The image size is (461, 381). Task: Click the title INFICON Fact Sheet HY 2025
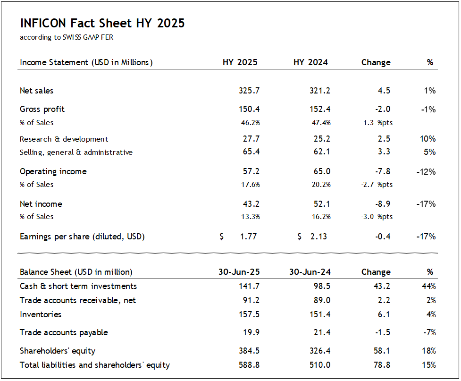pos(102,23)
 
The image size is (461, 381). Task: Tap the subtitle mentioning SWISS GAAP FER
pos(67,37)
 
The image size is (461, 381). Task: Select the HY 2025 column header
pos(240,62)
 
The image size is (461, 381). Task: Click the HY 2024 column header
pos(310,62)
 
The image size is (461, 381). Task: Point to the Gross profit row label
pos(42,109)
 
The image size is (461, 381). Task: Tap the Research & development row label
pos(64,139)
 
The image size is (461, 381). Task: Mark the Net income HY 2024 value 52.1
pos(321,204)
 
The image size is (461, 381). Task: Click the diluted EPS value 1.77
pos(248,237)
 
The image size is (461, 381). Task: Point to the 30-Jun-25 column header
pos(239,272)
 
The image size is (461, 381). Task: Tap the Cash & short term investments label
pos(78,286)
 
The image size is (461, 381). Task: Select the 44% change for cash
pos(429,286)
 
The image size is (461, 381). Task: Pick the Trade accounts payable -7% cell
pos(429,332)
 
